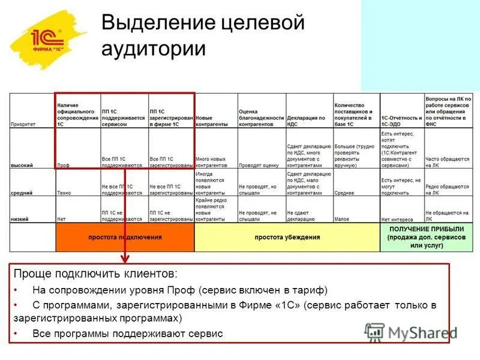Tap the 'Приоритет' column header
[23, 124]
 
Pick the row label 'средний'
[22, 193]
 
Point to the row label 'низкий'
[20, 220]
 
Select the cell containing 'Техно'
[65, 193]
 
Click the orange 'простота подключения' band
[125, 238]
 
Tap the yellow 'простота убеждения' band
[287, 238]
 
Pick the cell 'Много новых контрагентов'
[215, 161]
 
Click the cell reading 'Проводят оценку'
[259, 164]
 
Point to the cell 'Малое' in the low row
[342, 220]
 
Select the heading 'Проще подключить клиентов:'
[96, 274]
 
